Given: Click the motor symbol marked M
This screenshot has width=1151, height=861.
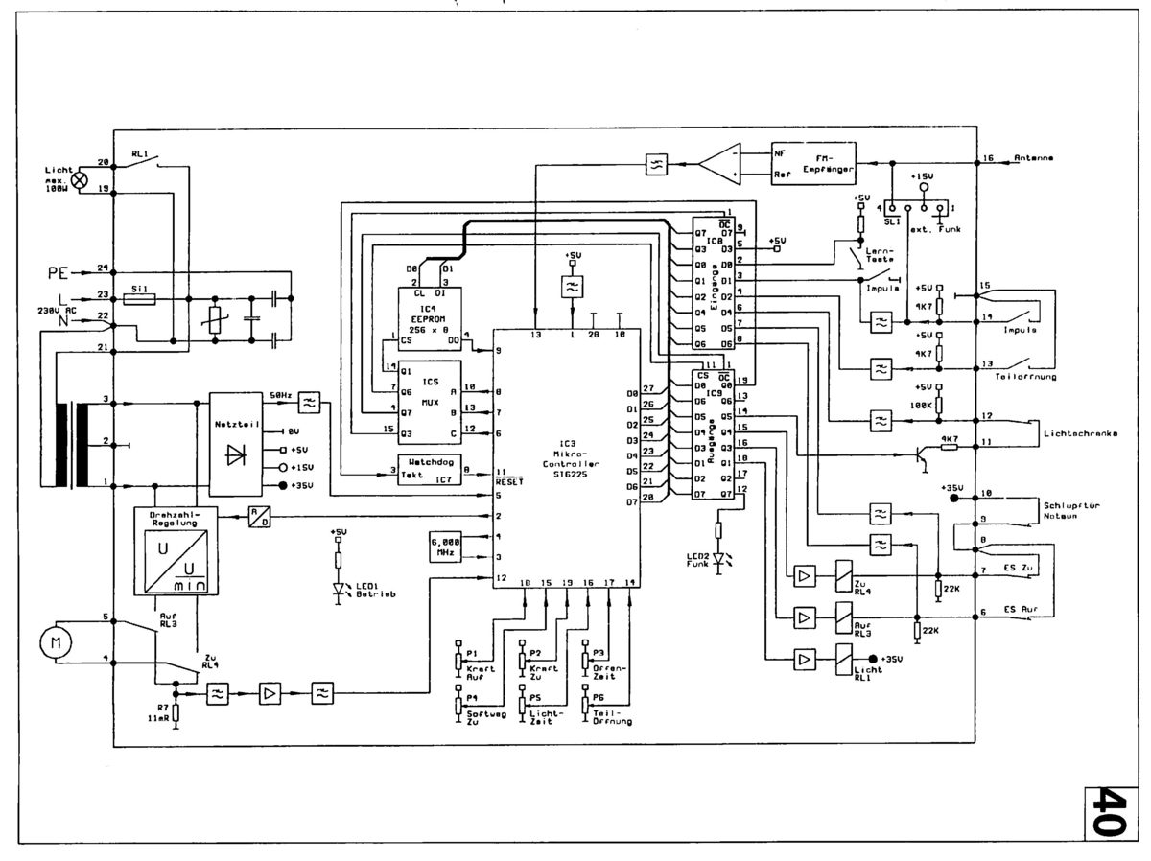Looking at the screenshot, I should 50,642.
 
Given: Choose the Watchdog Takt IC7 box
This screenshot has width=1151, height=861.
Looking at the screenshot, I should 430,468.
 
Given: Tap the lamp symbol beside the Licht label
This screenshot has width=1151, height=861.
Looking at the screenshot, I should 82,178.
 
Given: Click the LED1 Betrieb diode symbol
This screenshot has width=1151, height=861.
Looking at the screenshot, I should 338,588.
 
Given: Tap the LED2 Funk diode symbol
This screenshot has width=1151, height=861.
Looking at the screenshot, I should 717,554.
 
